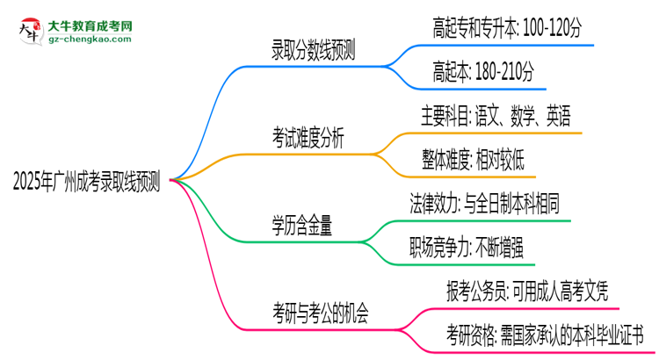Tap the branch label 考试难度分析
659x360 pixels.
(x=308, y=138)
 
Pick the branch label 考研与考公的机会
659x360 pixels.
(x=321, y=312)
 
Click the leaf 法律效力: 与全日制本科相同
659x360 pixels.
(x=484, y=204)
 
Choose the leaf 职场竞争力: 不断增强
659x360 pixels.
(x=467, y=246)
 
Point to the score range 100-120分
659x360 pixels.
(x=549, y=30)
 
